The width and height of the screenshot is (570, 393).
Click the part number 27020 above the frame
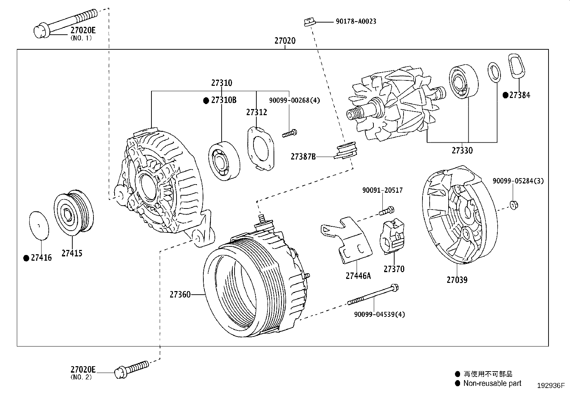285,41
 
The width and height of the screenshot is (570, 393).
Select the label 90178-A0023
356,21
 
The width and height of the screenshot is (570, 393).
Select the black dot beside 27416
26,258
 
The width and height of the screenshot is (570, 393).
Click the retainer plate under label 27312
260,149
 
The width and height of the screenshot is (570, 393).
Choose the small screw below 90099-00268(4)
290,134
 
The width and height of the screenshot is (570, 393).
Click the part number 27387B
303,157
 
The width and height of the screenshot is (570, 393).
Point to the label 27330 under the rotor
462,151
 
